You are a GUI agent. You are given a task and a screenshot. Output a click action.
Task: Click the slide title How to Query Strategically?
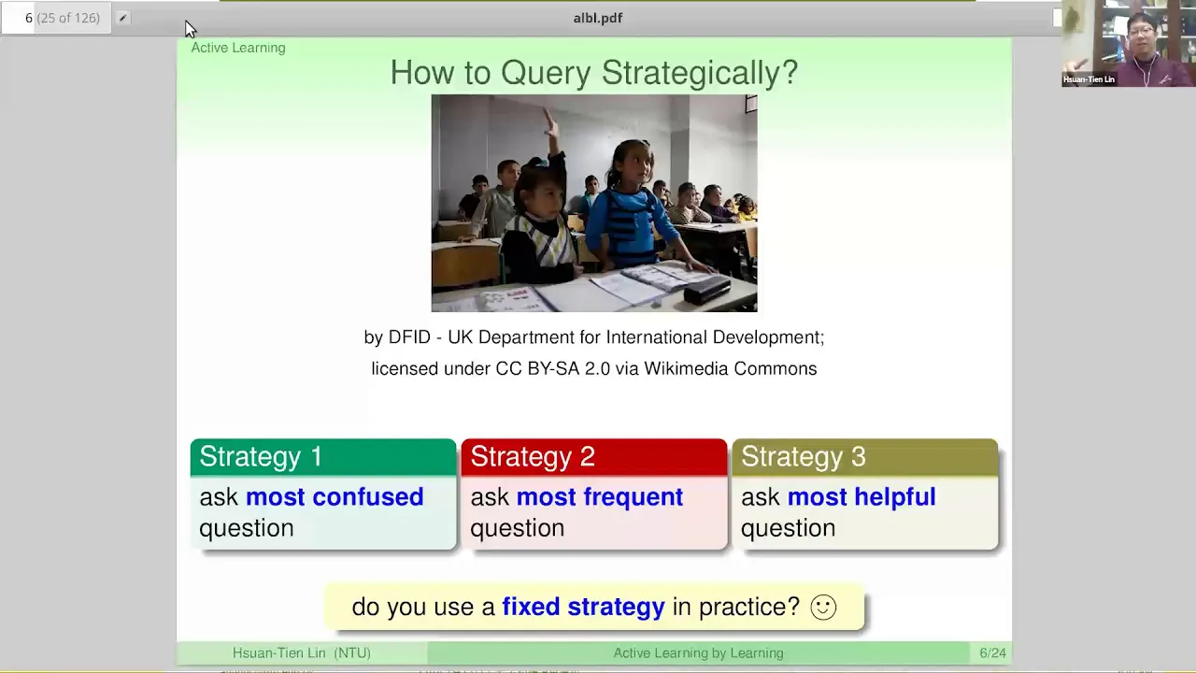point(593,73)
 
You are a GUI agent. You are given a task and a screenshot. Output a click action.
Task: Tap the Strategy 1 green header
point(323,457)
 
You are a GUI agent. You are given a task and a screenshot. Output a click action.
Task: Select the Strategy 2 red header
point(593,457)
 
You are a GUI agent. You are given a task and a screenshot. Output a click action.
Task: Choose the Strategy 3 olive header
point(864,457)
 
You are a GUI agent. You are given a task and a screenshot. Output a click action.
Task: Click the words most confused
point(335,496)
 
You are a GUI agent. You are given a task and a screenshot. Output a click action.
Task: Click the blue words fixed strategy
point(584,608)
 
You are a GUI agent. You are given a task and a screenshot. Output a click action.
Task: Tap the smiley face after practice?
point(823,608)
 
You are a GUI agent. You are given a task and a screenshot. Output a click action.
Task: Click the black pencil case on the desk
point(707,290)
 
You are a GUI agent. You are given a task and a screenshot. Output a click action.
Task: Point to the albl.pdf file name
point(597,18)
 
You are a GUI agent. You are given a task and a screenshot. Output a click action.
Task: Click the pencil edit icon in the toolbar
point(122,18)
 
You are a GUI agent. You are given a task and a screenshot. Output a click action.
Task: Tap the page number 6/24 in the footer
point(992,652)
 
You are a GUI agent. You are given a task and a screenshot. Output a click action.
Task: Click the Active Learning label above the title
point(238,48)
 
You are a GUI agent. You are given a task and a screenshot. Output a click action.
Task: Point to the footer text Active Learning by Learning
point(698,652)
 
